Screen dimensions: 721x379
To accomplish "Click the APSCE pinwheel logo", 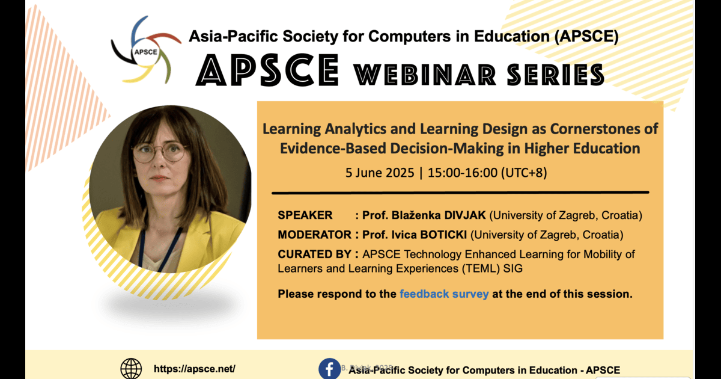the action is click(x=146, y=50).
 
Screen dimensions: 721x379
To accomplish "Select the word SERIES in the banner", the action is click(x=556, y=75).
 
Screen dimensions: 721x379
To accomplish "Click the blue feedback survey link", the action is click(x=444, y=294).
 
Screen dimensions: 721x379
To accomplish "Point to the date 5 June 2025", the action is click(x=380, y=173).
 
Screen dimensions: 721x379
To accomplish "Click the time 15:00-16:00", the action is click(x=463, y=173).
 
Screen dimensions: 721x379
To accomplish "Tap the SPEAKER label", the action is click(x=305, y=215).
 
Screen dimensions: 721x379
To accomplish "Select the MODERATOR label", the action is click(x=314, y=235).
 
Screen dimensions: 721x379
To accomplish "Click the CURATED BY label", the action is click(x=314, y=254).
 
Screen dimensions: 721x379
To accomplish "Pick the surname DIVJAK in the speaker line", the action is click(x=465, y=215).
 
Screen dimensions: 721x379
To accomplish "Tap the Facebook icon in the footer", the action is click(x=330, y=369).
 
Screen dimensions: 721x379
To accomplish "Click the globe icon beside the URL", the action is click(x=131, y=369).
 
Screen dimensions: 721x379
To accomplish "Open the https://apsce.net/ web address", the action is click(x=195, y=369).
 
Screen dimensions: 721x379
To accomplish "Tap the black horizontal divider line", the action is click(x=460, y=193).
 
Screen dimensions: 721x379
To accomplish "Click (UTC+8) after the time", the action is click(x=524, y=173).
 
